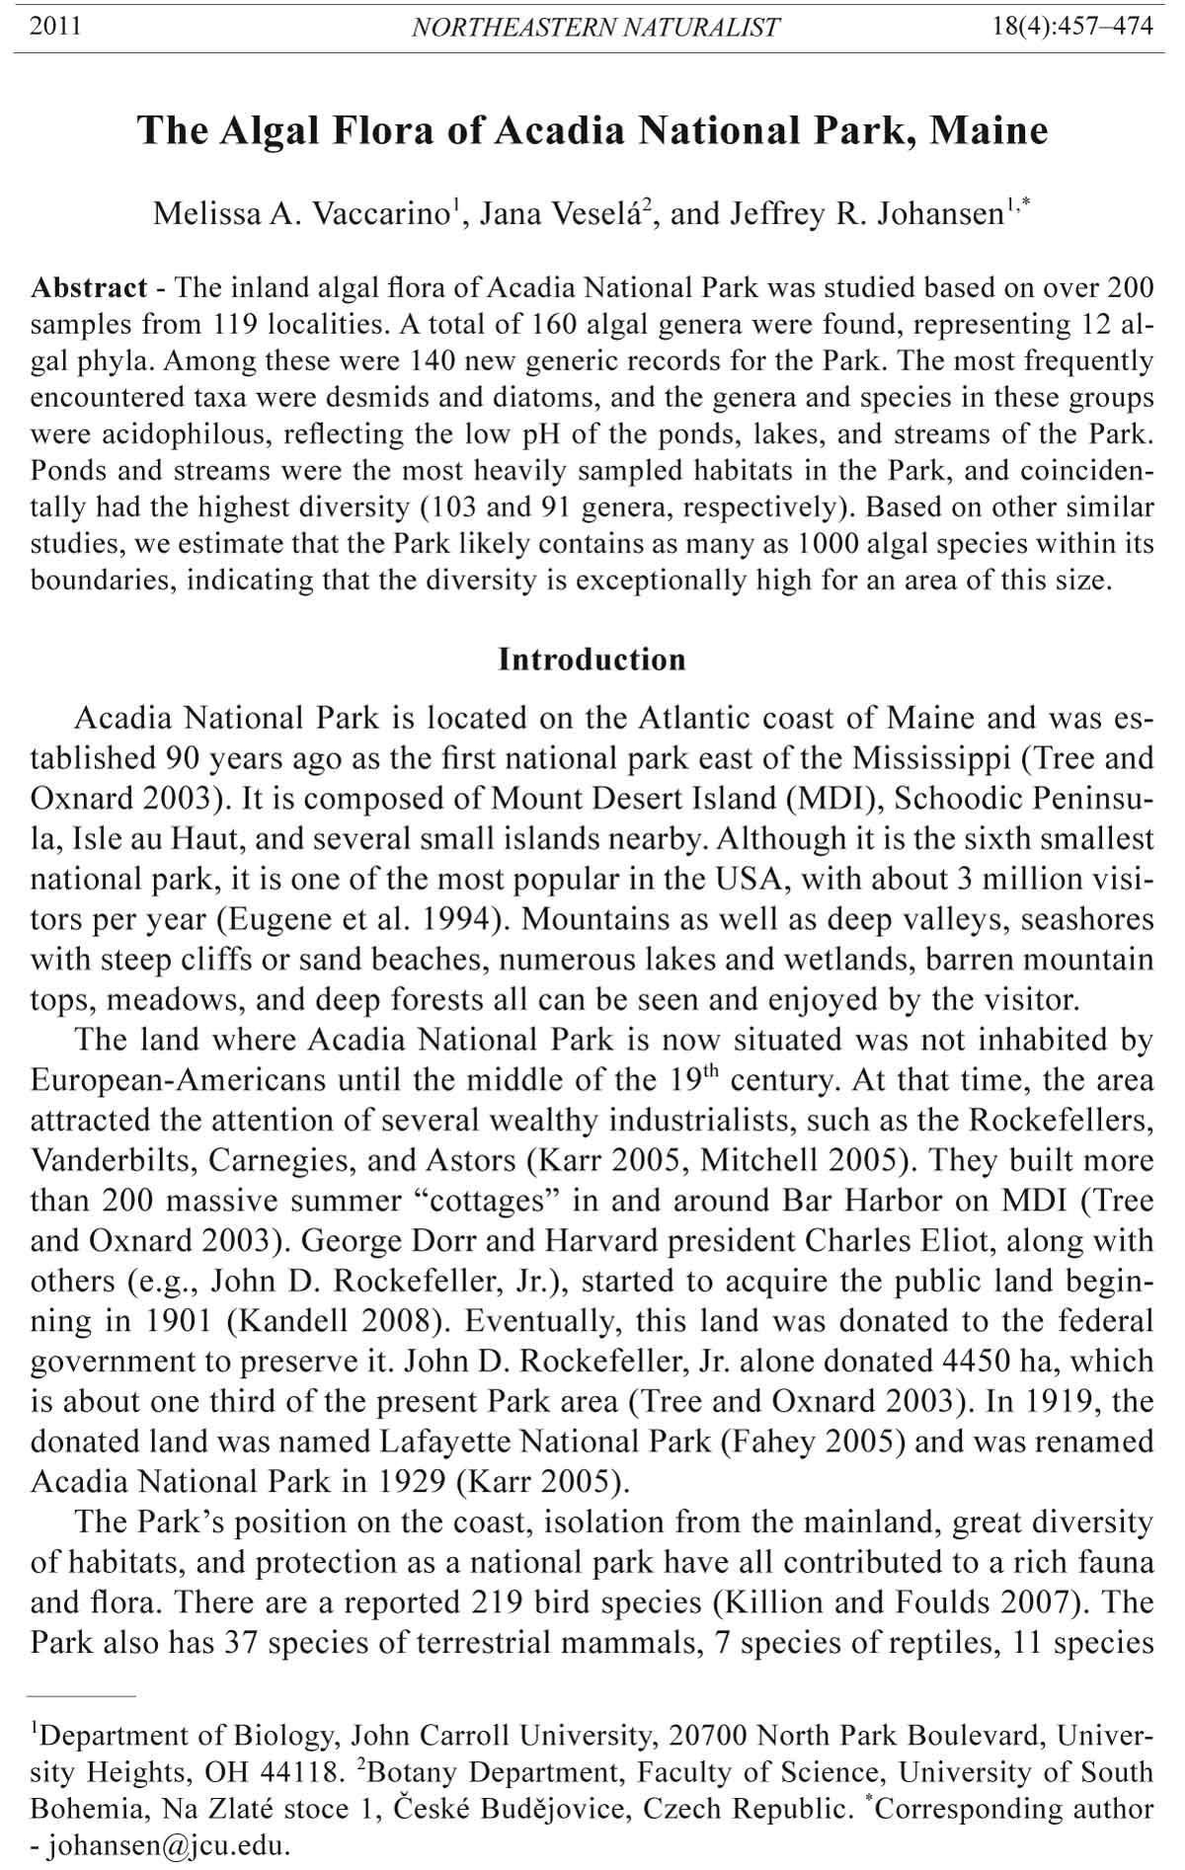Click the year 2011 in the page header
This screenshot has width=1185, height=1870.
pos(55,26)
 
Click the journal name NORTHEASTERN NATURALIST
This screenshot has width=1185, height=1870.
pos(595,27)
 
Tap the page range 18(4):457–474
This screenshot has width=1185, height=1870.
pos(1072,26)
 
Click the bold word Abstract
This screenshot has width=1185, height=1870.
pos(89,288)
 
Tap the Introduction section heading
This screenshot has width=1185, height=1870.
pos(592,659)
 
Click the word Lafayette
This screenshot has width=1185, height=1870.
pos(444,1441)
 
